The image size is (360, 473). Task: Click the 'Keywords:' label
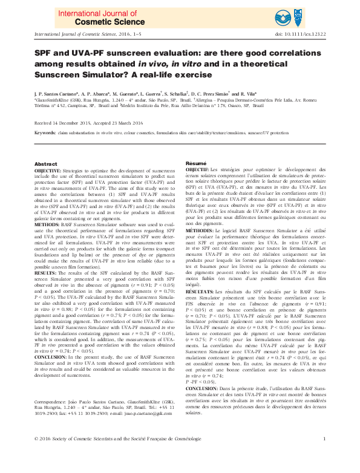pos(45,132)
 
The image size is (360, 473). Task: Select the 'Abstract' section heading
pos(45,165)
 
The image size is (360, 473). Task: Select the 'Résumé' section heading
pos(195,164)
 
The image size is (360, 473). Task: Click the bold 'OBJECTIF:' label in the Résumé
pos(197,172)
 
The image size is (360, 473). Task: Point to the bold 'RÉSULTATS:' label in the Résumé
pos(200,291)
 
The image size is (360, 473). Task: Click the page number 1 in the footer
pos(325,455)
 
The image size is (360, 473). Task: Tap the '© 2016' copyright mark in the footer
pos(43,455)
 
